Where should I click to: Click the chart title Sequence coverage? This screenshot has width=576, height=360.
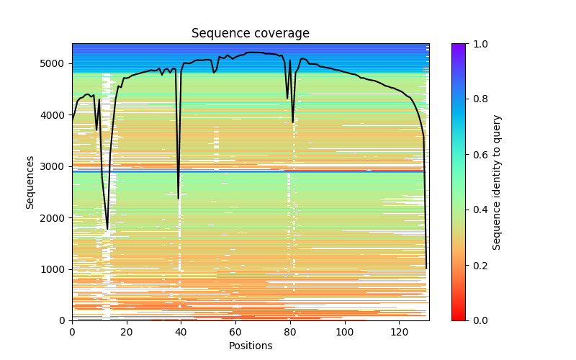click(x=251, y=34)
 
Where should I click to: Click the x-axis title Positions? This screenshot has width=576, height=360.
click(x=251, y=346)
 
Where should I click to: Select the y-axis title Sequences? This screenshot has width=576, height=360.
click(x=30, y=181)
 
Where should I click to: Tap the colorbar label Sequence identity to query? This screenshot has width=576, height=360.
click(x=497, y=181)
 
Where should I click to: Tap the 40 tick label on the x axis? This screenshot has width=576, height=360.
click(x=181, y=332)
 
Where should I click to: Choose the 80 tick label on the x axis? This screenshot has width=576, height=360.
click(x=290, y=332)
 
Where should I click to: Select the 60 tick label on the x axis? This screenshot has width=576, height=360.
click(x=235, y=332)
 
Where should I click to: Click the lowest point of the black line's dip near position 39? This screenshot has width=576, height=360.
click(x=179, y=198)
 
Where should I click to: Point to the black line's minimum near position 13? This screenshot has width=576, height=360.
click(x=107, y=229)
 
